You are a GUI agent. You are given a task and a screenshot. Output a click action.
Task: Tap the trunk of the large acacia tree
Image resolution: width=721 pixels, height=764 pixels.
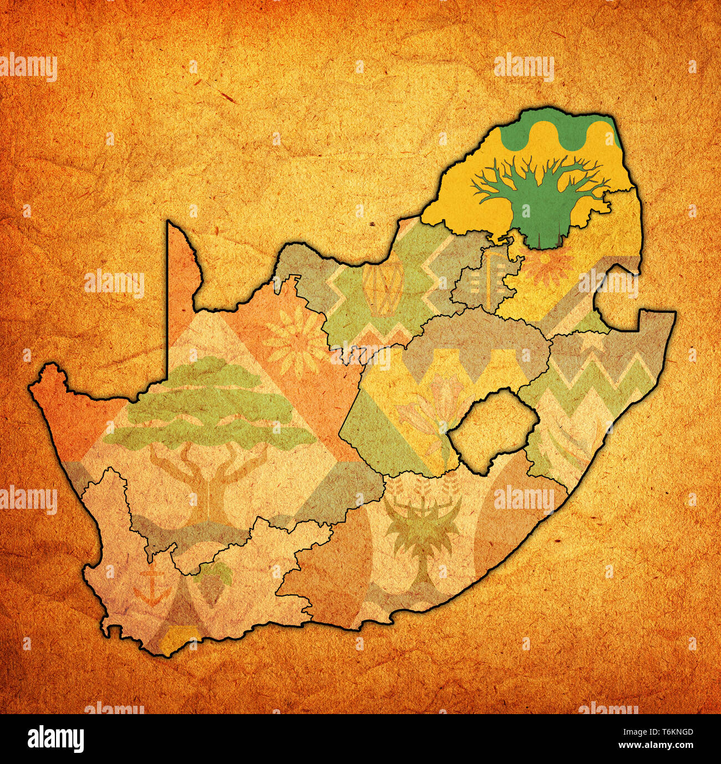(x=208, y=488)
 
